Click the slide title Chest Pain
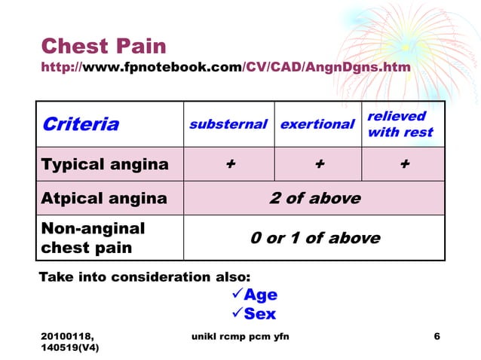(103, 46)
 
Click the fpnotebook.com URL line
(226, 68)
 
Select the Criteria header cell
(80, 124)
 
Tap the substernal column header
(228, 124)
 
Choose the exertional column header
(317, 124)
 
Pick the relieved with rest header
(400, 124)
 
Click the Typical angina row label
(105, 164)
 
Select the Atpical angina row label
(104, 199)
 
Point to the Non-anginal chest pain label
(93, 238)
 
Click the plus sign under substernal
(228, 164)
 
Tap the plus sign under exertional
(319, 164)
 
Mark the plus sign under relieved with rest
(405, 164)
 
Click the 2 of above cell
(314, 199)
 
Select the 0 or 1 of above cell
(314, 238)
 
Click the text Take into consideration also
(144, 276)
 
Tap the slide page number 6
(437, 336)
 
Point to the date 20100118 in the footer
(72, 336)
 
